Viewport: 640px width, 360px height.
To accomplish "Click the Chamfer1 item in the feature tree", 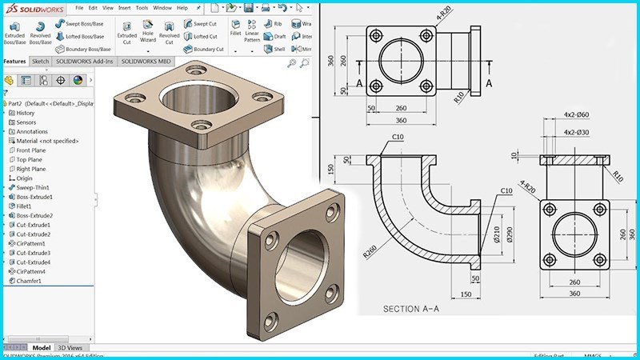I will pos(30,281).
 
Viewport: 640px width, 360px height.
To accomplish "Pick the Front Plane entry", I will pos(30,150).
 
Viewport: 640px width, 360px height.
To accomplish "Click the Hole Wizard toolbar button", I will pos(148,31).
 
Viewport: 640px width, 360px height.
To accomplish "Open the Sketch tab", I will pos(40,61).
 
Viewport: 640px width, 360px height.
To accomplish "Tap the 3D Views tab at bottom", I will pos(70,348).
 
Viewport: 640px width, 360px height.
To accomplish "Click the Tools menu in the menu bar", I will pos(142,8).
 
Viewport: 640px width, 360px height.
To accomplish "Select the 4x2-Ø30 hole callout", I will pos(576,132).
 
